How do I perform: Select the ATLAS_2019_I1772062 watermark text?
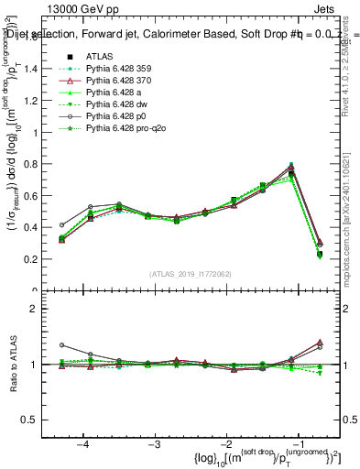(191, 274)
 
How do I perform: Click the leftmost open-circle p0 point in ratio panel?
(62, 345)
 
